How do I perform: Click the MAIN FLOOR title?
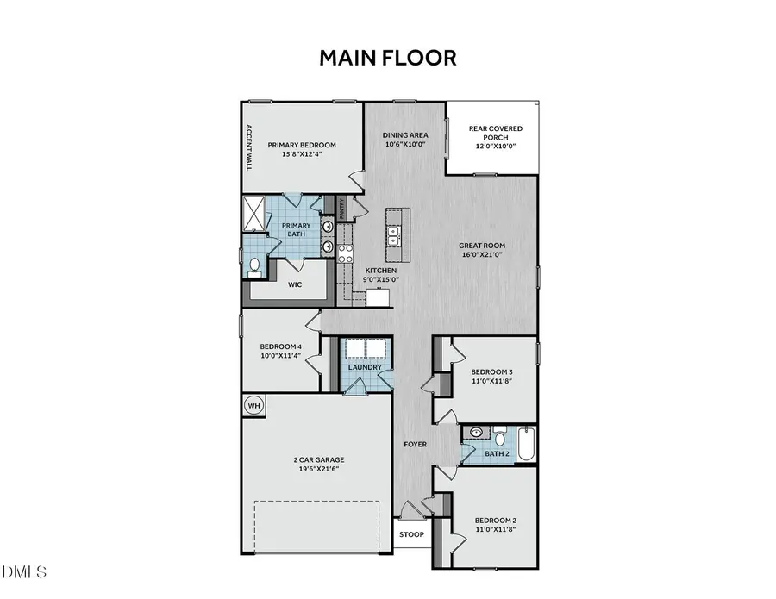tap(388, 58)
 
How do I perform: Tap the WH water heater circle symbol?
tap(254, 405)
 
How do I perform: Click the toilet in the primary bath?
tap(254, 267)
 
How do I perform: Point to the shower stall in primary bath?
tap(255, 212)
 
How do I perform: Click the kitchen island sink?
tap(393, 231)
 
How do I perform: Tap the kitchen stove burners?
tap(346, 253)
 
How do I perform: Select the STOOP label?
tap(411, 534)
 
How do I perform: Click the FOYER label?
tap(416, 445)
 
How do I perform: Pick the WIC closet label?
tap(293, 284)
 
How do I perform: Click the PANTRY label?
tap(342, 208)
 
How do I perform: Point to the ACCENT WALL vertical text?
tap(248, 147)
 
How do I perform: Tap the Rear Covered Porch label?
tap(495, 134)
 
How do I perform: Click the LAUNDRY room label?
tap(365, 367)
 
